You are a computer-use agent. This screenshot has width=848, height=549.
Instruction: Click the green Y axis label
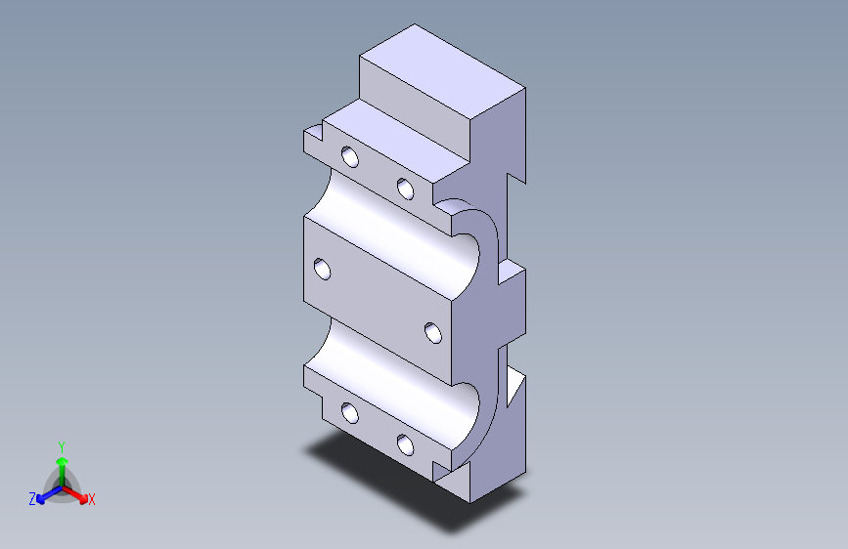61,444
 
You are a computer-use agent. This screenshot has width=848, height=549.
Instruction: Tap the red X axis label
92,500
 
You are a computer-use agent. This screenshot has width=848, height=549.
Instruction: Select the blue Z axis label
32,499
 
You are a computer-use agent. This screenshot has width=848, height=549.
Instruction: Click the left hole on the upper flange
349,157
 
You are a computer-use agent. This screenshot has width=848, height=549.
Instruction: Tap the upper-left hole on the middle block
321,269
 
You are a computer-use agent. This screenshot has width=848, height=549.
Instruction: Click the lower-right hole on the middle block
433,333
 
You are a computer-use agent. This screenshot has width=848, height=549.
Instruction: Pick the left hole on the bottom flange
350,414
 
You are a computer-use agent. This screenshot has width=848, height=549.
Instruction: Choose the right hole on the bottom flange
406,444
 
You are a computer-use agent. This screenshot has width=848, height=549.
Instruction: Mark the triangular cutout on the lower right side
515,387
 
